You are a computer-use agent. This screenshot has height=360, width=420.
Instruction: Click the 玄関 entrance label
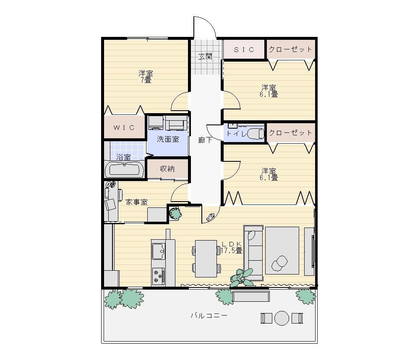[x=206, y=57]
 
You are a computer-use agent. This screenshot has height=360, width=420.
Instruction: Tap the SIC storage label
[x=244, y=49]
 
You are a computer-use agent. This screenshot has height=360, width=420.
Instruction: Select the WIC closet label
[x=124, y=127]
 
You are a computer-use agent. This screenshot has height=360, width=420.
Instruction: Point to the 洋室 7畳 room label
[x=146, y=77]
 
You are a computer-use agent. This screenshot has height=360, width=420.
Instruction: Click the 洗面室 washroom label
[x=168, y=139]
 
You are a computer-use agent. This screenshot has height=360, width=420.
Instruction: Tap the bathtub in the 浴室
[x=124, y=169]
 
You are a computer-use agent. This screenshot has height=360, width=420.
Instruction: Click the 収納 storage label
[x=167, y=169]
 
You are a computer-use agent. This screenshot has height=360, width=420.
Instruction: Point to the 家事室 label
[x=137, y=202]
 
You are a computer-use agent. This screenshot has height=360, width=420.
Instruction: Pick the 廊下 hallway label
[x=206, y=140]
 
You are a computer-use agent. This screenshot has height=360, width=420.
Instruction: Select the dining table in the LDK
[x=206, y=259]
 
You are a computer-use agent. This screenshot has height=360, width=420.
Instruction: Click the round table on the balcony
[x=282, y=318]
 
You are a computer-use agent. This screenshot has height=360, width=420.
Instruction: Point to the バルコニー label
[x=209, y=316]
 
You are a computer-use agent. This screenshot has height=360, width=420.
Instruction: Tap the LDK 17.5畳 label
[x=232, y=247]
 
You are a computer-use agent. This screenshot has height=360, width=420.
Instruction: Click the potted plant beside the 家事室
[x=175, y=213]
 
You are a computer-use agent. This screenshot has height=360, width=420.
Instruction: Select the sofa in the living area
[x=253, y=253]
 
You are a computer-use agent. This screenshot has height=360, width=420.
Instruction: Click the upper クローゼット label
[x=291, y=49]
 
